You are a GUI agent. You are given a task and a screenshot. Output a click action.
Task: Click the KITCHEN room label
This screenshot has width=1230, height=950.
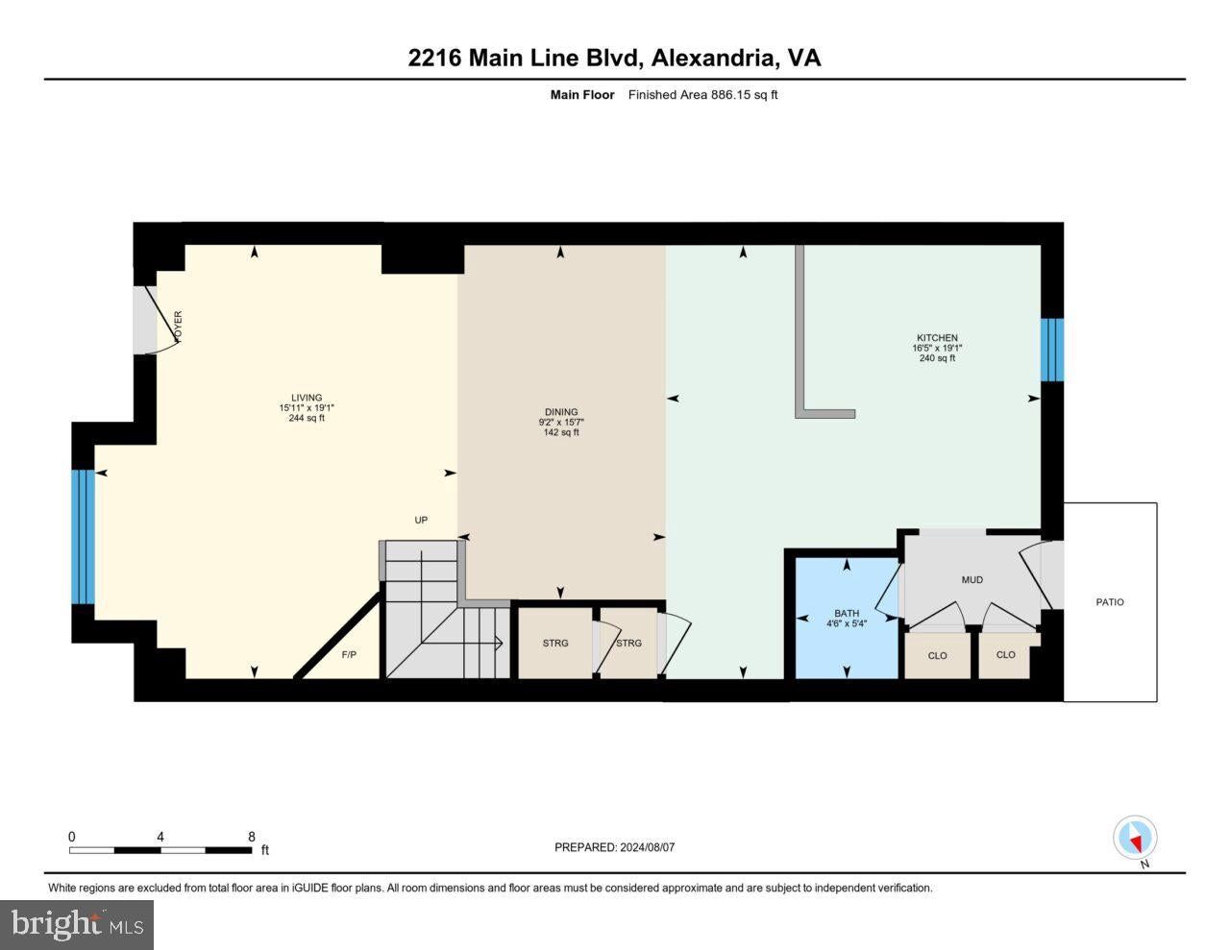pos(937,338)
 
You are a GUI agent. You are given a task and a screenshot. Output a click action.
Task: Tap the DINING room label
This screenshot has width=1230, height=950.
pos(561,412)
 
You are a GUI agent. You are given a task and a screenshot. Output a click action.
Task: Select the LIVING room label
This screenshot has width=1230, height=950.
pos(307,398)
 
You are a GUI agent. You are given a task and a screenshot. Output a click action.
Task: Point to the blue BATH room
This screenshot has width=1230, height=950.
pos(847,618)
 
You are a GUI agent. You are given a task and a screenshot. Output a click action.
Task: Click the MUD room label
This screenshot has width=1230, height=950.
pos(972,579)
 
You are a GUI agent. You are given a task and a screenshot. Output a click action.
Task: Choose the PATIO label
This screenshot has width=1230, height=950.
pos(1110,602)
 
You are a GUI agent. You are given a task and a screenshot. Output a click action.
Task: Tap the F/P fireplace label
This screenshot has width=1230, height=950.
pos(349,655)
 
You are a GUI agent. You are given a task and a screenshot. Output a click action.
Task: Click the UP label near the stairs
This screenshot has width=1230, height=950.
pos(421,520)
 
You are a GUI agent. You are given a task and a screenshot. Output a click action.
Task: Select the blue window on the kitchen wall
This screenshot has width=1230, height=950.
pos(1052,350)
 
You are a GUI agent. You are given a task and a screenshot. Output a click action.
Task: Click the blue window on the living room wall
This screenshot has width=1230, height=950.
pos(83,537)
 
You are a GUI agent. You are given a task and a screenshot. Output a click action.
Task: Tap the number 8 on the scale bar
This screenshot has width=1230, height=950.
pos(252,837)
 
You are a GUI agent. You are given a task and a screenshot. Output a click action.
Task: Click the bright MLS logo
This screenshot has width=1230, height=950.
pos(77,925)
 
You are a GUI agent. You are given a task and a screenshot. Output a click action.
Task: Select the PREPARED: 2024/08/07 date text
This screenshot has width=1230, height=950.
pos(614,847)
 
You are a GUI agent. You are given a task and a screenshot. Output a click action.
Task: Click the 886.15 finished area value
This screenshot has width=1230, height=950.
pos(730,94)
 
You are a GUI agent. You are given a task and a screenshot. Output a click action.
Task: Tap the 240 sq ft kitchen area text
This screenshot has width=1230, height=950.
pos(937,358)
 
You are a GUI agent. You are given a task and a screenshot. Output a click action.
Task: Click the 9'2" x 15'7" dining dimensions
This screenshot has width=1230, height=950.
pos(561,422)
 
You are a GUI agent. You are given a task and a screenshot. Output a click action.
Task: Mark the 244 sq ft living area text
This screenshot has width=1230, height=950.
pos(307,418)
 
